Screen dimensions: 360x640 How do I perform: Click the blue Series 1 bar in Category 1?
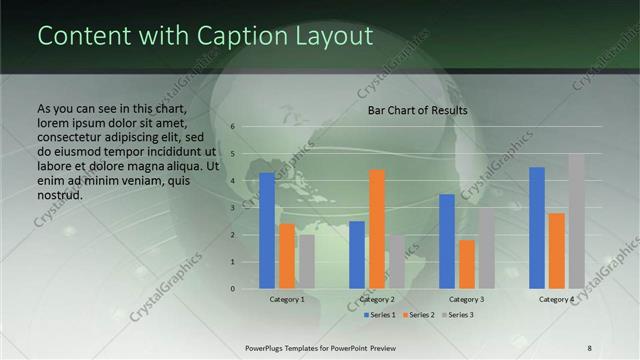coord(267,231)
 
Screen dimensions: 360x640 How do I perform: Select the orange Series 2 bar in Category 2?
coord(377,229)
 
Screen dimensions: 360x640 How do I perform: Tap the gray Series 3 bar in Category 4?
coord(576,221)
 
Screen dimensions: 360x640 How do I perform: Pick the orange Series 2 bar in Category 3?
coord(467,264)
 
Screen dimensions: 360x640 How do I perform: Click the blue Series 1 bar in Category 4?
coord(537,228)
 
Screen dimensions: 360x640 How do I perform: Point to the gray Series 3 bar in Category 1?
coord(307,262)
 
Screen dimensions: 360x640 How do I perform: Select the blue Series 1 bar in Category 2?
coord(357,255)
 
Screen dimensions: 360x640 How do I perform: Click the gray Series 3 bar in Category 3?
coord(487,248)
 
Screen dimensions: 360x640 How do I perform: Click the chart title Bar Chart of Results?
coord(417,110)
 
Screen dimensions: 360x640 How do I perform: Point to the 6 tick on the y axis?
coord(231,127)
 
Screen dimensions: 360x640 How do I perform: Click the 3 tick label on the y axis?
coord(231,208)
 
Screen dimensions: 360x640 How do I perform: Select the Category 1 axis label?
coord(287,299)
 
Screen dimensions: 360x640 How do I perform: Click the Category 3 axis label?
coord(467,299)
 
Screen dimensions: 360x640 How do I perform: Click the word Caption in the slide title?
coord(234,36)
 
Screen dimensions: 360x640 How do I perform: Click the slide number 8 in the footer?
coord(589,347)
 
